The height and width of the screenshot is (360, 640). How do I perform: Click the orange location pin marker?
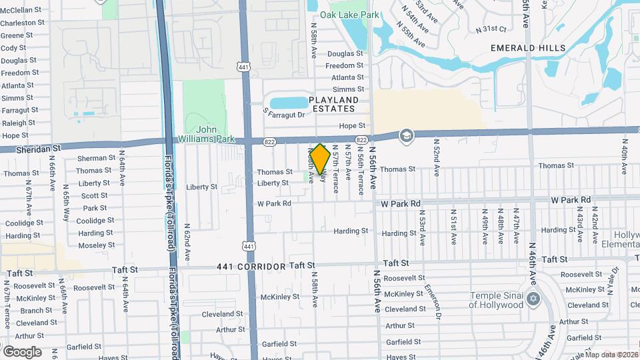[320, 161]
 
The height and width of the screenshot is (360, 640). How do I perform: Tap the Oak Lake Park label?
[349, 14]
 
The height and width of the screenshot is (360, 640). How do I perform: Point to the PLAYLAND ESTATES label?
[333, 105]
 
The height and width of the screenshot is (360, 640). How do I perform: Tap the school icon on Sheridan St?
[405, 136]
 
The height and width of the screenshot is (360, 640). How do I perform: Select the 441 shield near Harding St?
[249, 246]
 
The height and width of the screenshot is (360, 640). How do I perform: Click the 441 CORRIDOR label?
[251, 266]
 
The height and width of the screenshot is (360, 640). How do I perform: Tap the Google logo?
[22, 351]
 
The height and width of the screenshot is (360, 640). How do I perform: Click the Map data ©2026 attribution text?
[611, 355]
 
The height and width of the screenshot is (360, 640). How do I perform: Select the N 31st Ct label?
[491, 29]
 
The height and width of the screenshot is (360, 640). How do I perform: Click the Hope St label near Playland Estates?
[353, 125]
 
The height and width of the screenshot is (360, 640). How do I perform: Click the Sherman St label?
[96, 158]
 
